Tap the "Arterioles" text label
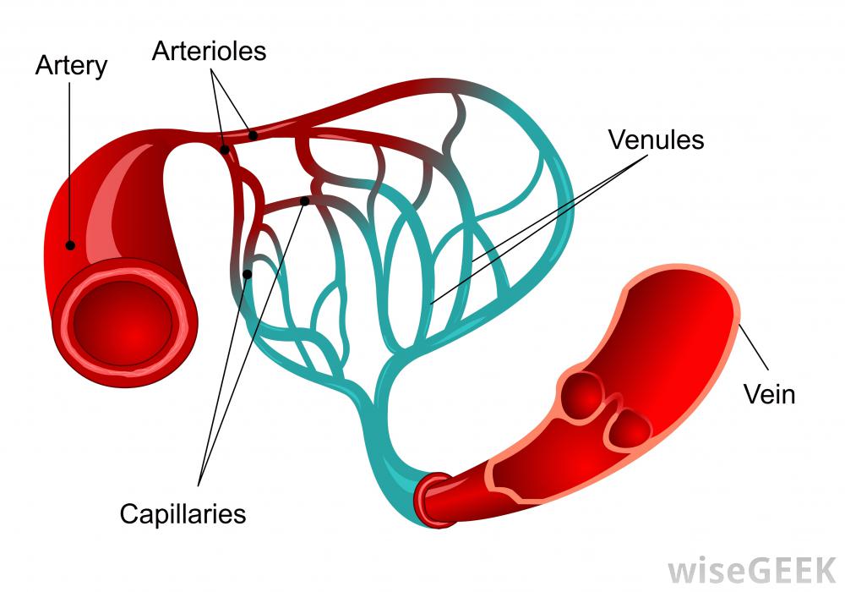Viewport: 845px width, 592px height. [x=209, y=51]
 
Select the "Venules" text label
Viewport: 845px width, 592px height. [x=656, y=140]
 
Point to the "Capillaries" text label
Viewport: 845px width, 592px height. [x=183, y=513]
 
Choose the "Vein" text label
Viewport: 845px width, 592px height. [x=769, y=394]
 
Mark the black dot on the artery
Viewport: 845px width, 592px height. [x=70, y=245]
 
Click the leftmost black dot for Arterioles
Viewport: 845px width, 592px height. [x=225, y=151]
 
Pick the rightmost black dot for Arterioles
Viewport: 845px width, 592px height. [x=253, y=134]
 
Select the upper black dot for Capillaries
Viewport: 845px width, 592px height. [x=305, y=201]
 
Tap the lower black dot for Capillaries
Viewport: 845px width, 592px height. [x=247, y=273]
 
